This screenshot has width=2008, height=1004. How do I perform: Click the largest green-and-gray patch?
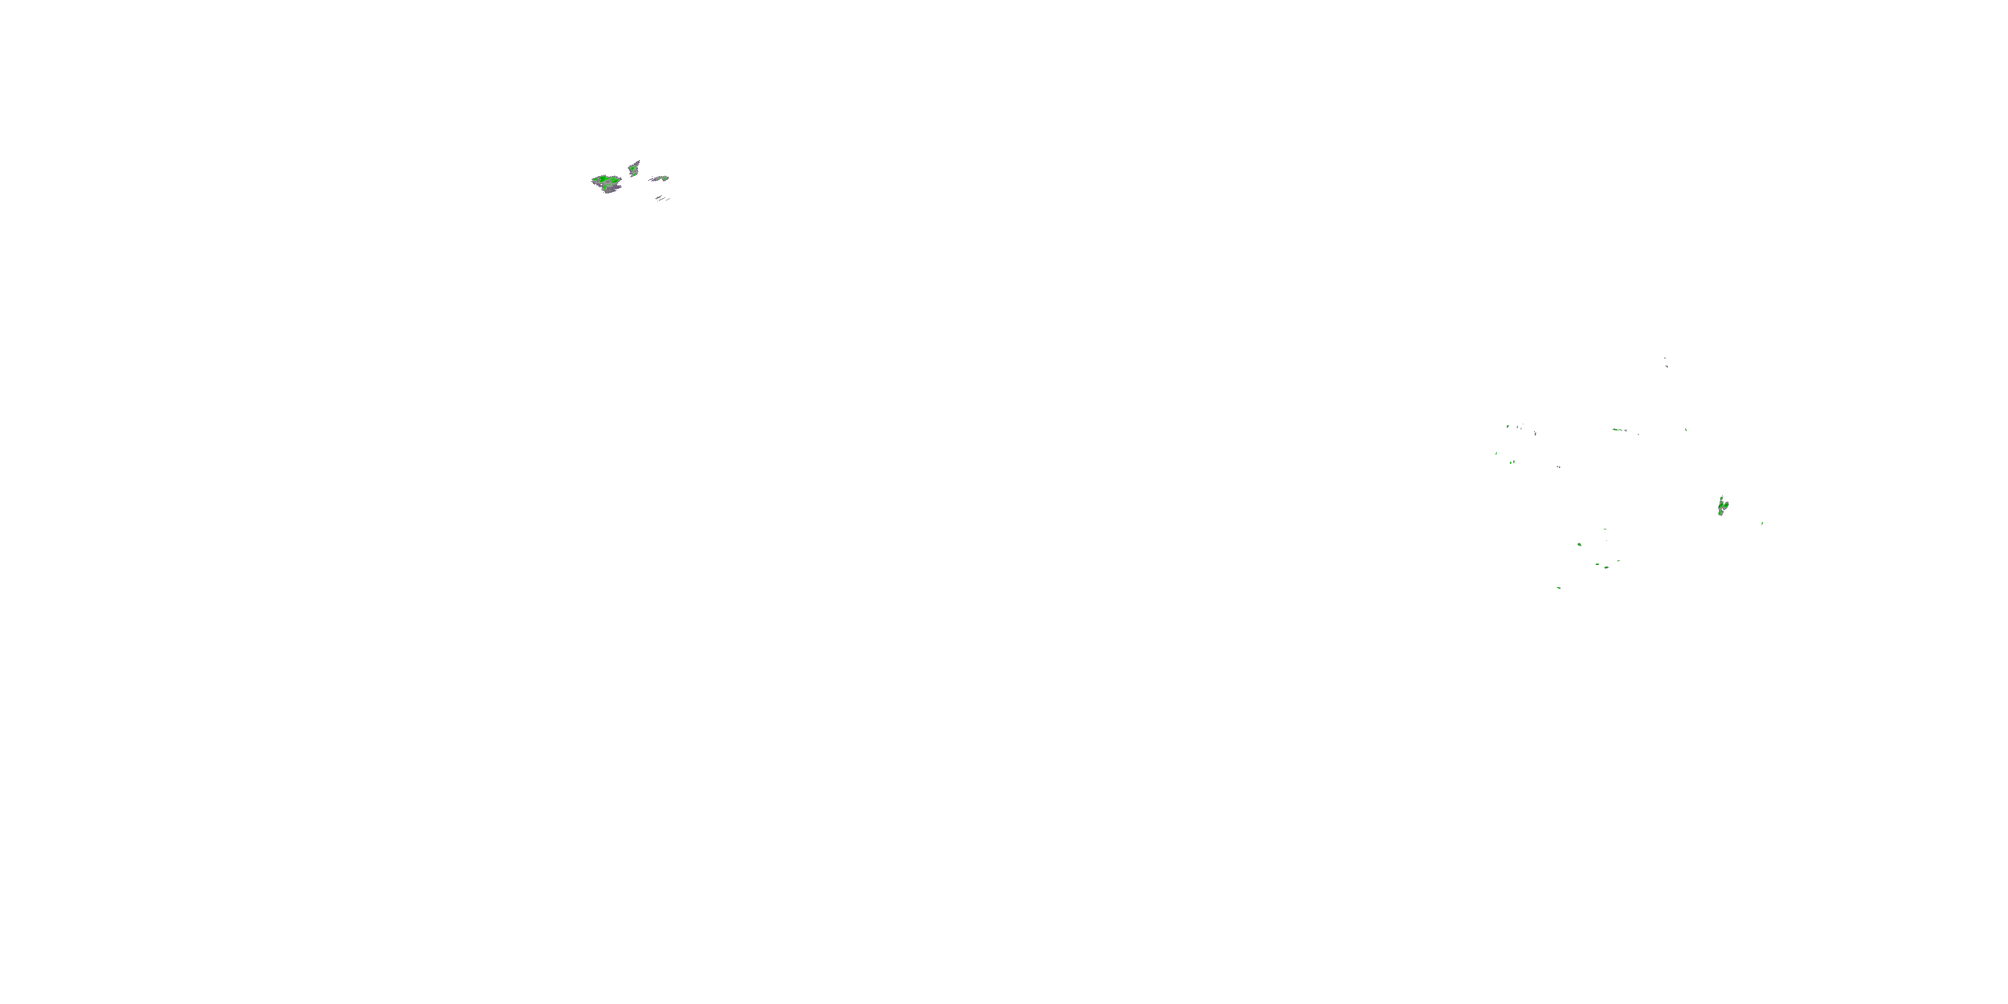[606, 183]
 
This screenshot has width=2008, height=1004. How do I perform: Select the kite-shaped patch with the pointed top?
[635, 167]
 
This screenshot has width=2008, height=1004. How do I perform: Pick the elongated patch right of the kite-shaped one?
[659, 179]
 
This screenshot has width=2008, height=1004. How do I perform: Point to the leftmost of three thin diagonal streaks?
[658, 198]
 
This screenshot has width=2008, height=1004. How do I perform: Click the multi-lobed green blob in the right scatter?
[1722, 507]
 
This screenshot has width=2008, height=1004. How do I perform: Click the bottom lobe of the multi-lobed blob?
[1720, 513]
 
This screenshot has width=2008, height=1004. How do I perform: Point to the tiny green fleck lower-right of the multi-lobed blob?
[1762, 523]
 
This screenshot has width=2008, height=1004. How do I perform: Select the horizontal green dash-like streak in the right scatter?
[1619, 430]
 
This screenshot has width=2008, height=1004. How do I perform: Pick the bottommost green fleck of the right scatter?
[1558, 588]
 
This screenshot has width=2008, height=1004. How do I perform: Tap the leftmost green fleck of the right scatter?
[1496, 453]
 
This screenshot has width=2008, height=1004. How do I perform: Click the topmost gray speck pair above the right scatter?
[1666, 361]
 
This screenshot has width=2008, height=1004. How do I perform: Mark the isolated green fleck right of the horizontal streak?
[1686, 430]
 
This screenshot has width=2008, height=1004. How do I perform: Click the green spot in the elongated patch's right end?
[665, 178]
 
